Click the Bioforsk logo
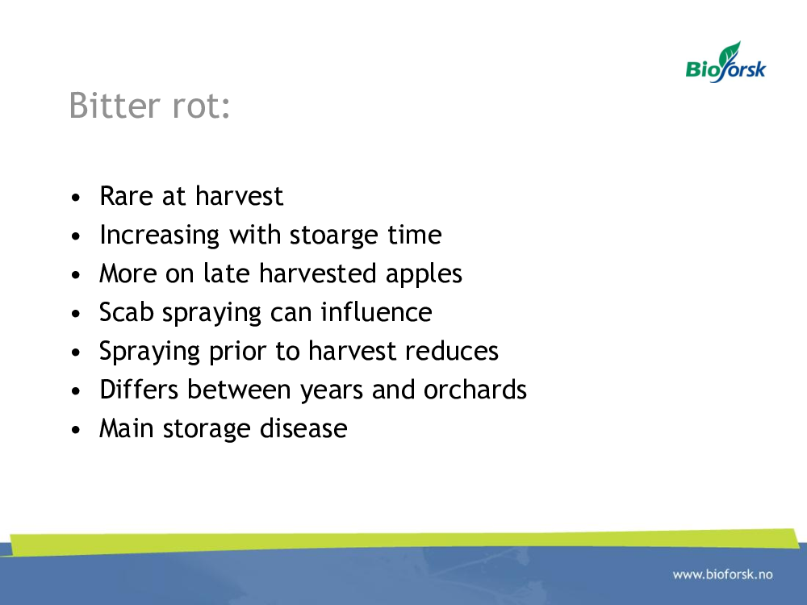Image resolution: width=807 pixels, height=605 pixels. [725, 62]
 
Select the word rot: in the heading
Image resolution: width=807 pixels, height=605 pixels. [201, 106]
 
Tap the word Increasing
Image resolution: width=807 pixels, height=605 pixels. [160, 236]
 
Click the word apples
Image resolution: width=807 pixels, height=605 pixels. [424, 274]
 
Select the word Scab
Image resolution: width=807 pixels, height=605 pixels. [126, 312]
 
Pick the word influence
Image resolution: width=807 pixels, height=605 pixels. [376, 312]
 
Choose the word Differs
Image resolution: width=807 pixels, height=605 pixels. [139, 390]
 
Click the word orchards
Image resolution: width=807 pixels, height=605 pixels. [475, 390]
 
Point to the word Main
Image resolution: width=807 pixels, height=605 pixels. [126, 428]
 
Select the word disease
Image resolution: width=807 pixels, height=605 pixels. [303, 428]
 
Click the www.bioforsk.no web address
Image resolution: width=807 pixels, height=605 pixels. [722, 574]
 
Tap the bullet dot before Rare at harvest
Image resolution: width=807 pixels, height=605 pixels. [76, 198]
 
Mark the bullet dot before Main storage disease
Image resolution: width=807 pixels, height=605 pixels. [76, 430]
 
